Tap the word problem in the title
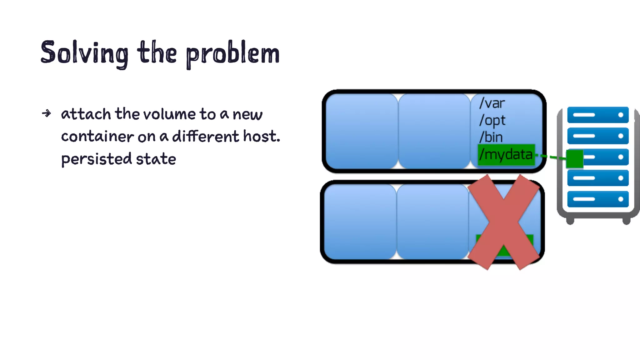tap(233, 54)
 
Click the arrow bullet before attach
tap(46, 113)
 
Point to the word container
tap(97, 137)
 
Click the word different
tap(206, 136)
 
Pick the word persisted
tap(97, 159)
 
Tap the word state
tap(156, 159)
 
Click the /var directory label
tap(492, 103)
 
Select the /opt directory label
tap(492, 120)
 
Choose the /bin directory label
tap(491, 137)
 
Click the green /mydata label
tap(506, 154)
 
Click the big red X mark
tap(503, 222)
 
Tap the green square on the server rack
tap(574, 159)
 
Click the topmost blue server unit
tap(597, 115)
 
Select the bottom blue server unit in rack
tap(597, 199)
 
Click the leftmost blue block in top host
tap(362, 131)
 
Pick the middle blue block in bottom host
tap(432, 222)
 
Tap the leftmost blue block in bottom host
tap(360, 222)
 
